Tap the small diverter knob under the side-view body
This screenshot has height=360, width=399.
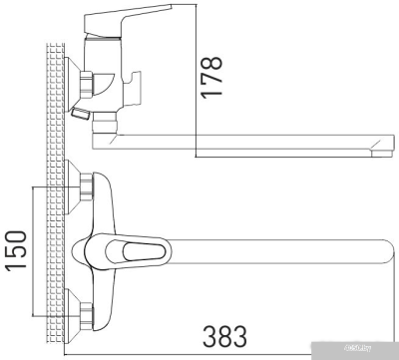coord(84,118)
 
